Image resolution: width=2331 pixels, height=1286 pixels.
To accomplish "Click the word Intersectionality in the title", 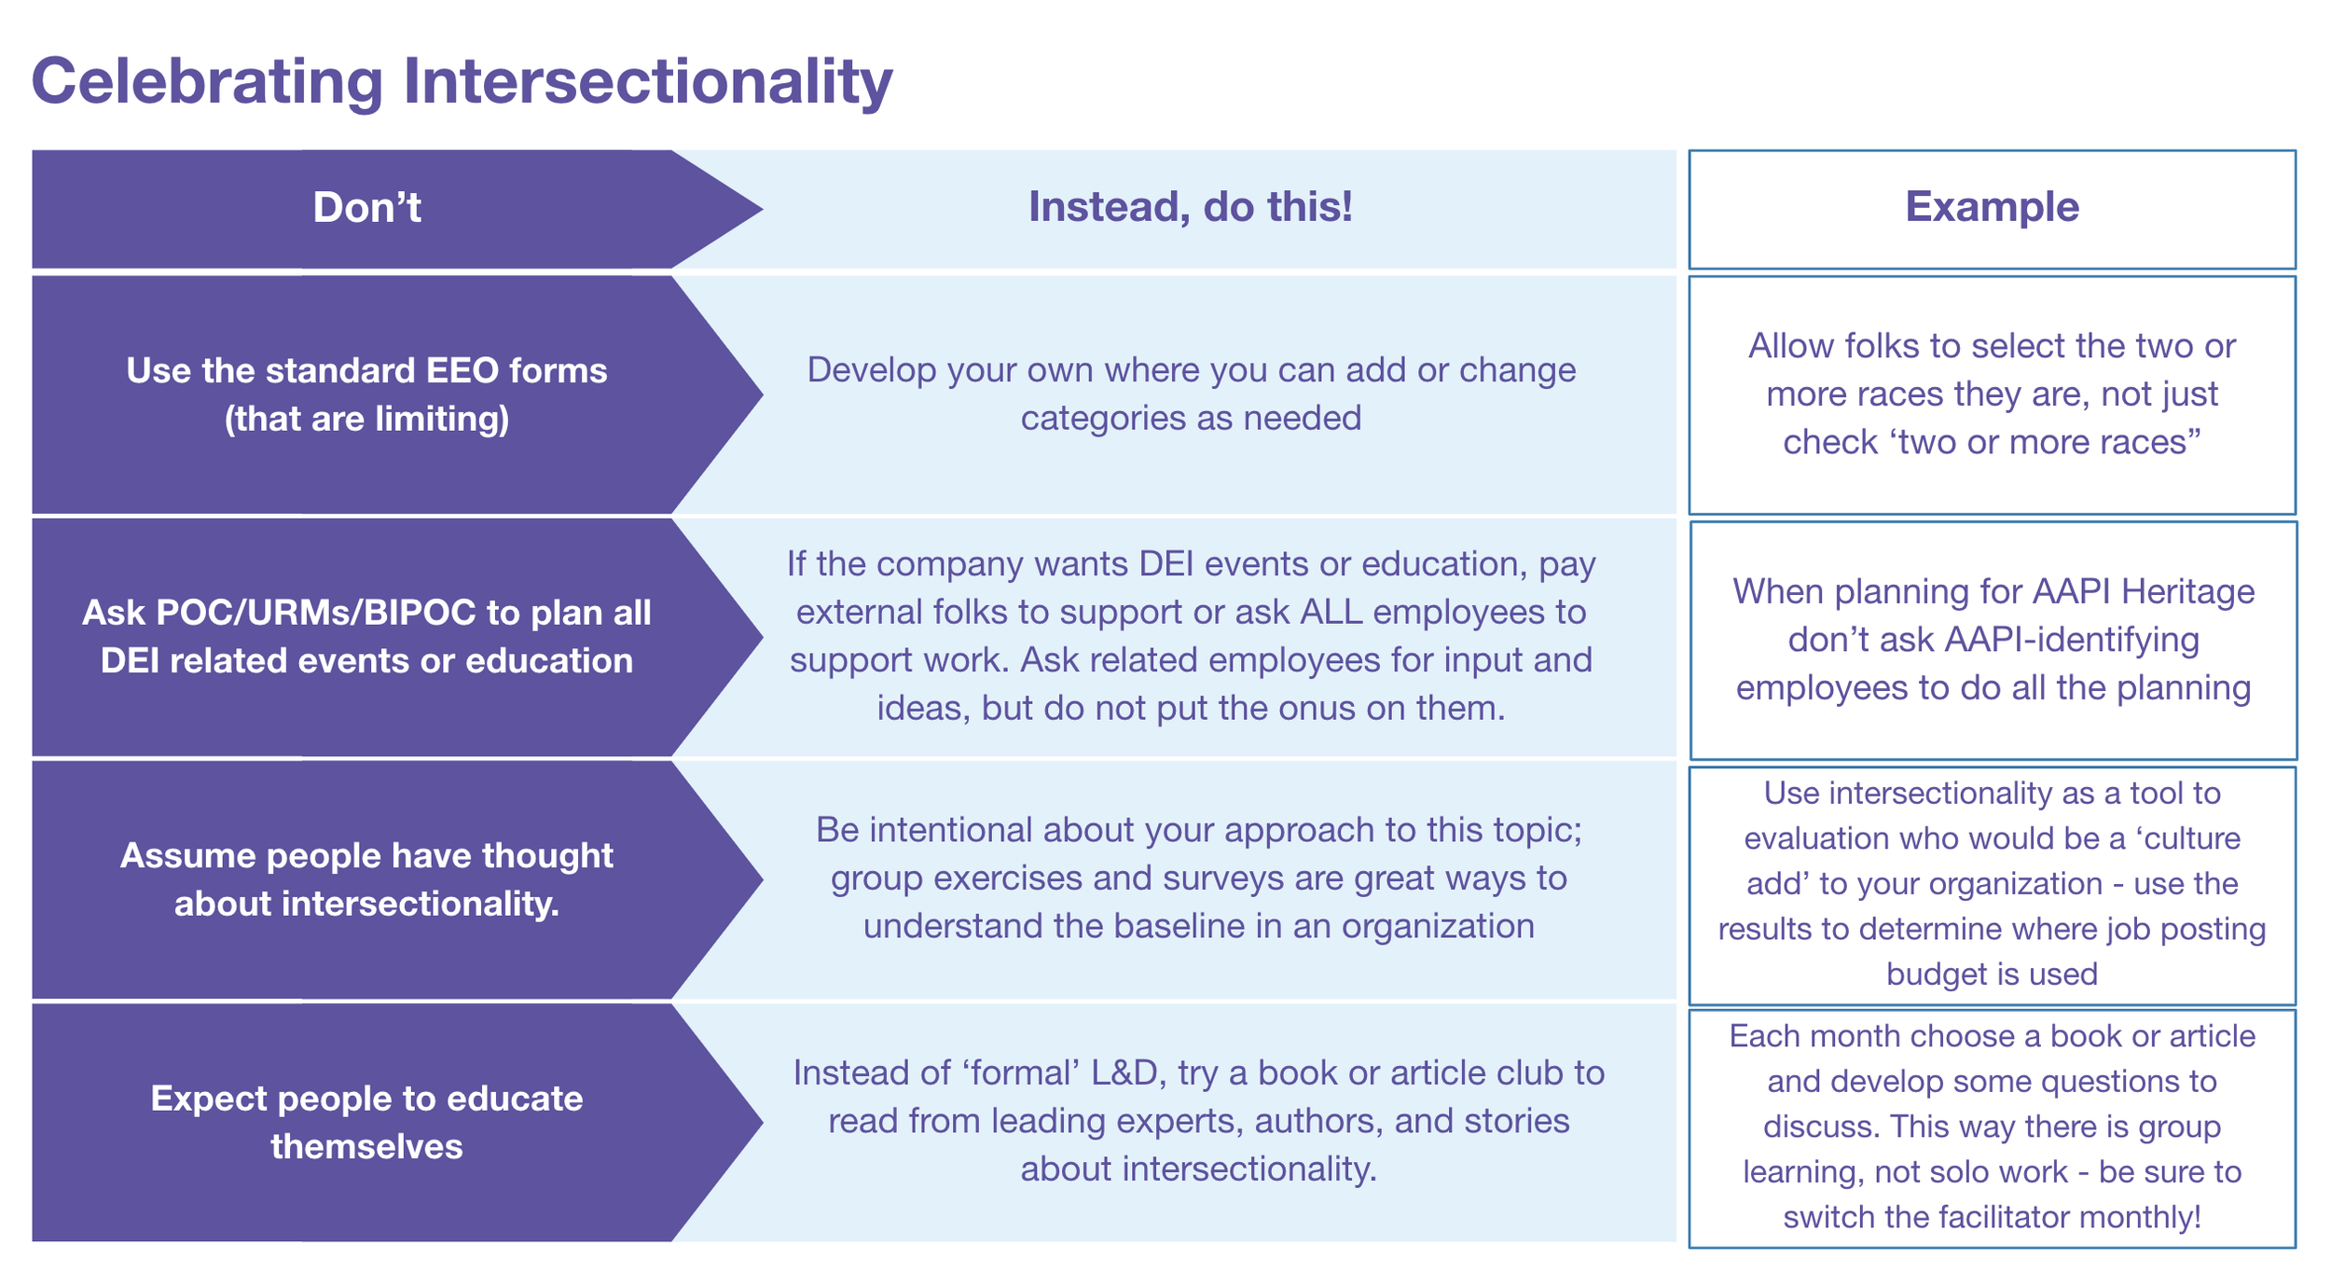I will click(647, 82).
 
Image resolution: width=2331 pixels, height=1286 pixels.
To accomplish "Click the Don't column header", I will click(366, 207).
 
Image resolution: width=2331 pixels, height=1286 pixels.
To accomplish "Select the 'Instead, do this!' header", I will click(1190, 207).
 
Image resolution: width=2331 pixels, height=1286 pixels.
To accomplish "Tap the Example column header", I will click(1992, 207).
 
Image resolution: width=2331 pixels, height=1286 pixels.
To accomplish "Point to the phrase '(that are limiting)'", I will click(366, 419).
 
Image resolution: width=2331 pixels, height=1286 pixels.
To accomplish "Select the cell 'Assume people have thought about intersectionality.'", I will click(366, 879).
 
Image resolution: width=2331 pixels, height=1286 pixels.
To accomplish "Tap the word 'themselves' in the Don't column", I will click(366, 1146).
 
